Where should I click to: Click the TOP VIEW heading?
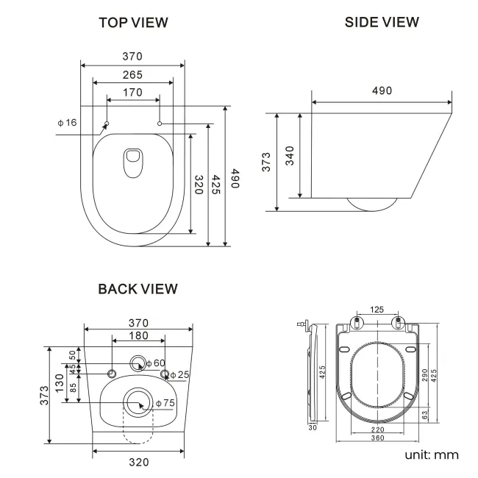click(133, 22)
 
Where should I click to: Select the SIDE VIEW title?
click(382, 22)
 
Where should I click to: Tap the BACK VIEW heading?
click(138, 289)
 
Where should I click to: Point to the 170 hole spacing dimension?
click(133, 93)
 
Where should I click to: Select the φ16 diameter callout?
click(67, 122)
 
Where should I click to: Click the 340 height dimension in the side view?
click(290, 156)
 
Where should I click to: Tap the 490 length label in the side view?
click(381, 90)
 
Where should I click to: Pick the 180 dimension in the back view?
click(138, 336)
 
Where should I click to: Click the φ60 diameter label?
click(155, 363)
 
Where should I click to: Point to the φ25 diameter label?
click(179, 374)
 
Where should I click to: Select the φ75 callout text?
click(165, 402)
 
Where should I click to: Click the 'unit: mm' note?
click(431, 455)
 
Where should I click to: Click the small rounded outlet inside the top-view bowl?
click(133, 163)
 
